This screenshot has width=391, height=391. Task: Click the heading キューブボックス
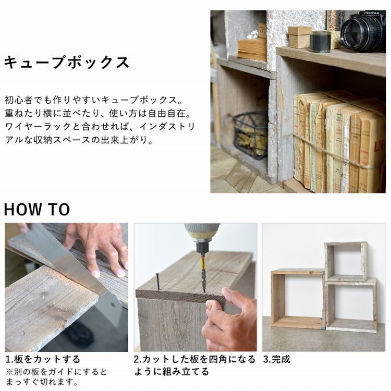[66, 62]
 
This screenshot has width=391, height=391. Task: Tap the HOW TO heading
[36, 210]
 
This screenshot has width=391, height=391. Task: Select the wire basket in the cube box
[250, 134]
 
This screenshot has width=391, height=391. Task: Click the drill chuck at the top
[201, 235]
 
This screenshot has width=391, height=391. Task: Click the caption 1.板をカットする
[43, 359]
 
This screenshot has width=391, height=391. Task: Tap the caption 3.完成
[276, 359]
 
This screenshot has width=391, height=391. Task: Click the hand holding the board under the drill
[229, 318]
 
